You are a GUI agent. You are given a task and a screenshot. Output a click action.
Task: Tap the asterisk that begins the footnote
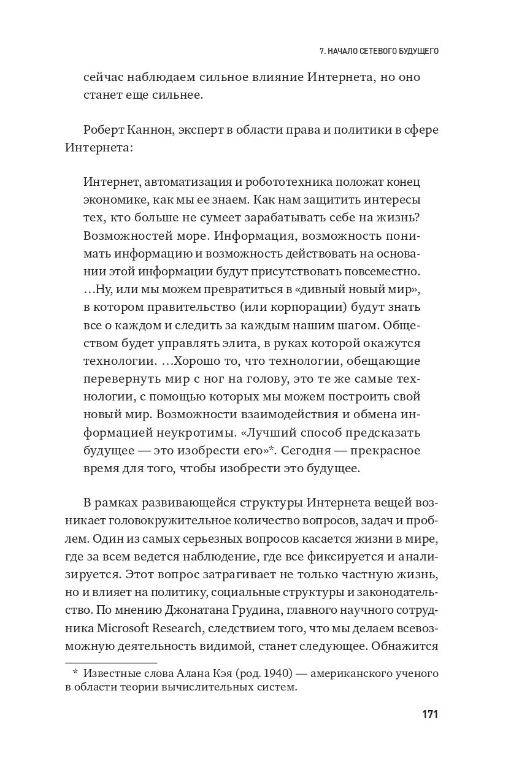(75, 673)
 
